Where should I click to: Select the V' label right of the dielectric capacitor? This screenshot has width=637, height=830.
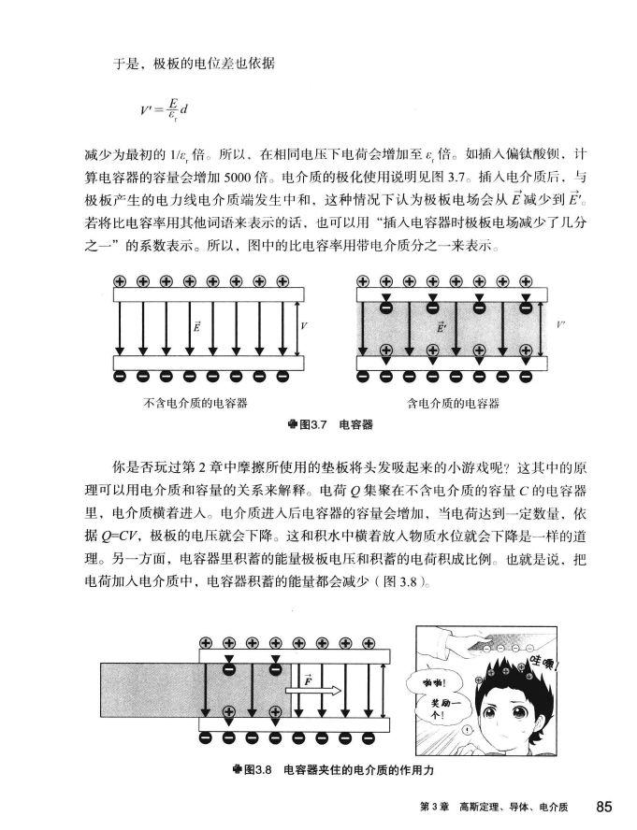[559, 326]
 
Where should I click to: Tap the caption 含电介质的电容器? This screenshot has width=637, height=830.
[454, 404]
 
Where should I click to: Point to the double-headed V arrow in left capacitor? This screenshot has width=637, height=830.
[296, 326]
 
